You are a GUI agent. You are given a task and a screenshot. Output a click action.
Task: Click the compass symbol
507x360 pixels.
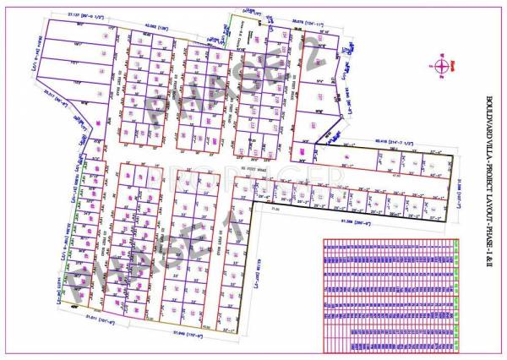point(440,66)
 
